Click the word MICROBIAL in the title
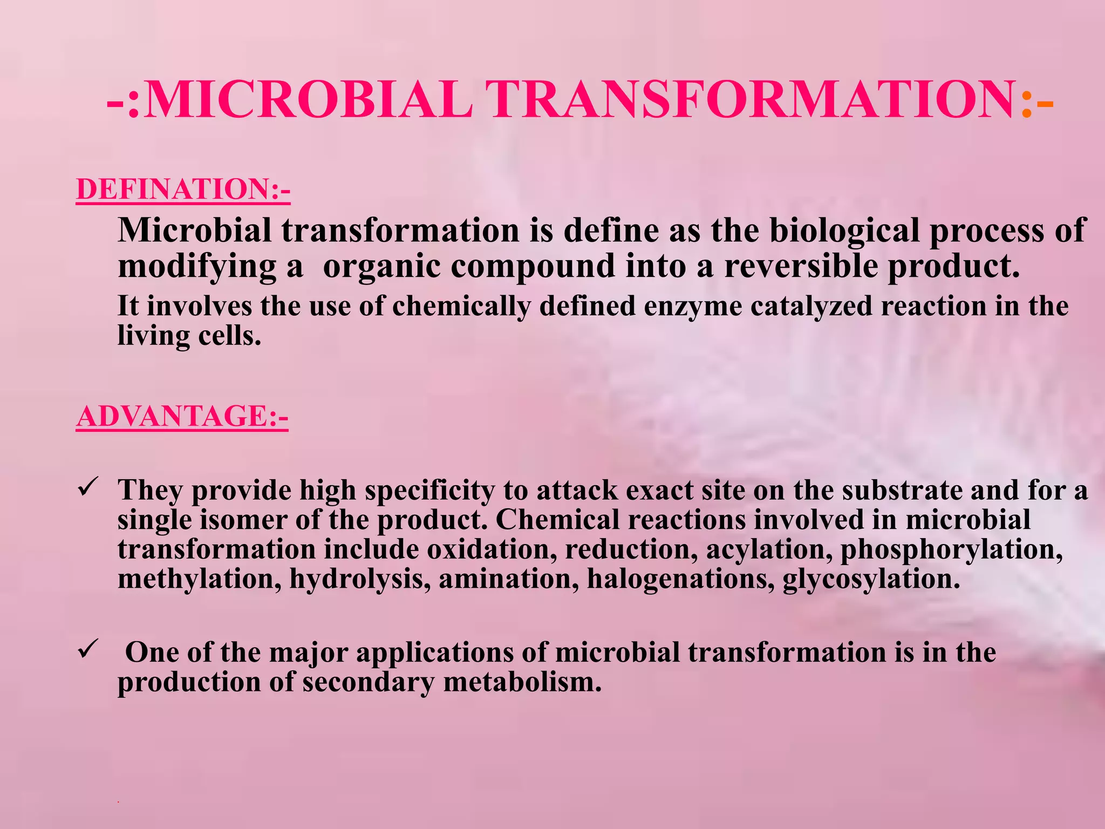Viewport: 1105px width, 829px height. coord(309,100)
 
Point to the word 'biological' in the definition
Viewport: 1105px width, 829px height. coord(844,231)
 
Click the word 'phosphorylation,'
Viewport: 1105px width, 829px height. coord(952,549)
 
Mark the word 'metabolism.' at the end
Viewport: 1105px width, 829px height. coord(522,682)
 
